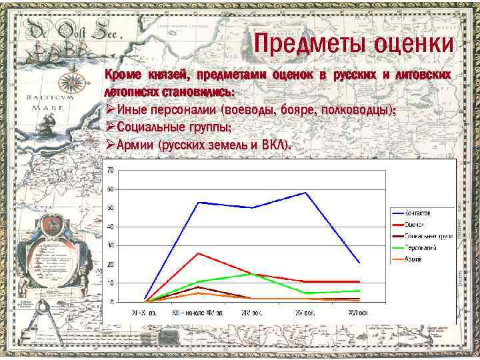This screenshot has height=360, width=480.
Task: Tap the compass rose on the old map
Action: click(75, 80)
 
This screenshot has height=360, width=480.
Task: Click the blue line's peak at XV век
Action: click(305, 193)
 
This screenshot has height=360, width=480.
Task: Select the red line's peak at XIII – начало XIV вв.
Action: click(198, 253)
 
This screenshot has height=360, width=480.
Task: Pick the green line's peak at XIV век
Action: click(251, 273)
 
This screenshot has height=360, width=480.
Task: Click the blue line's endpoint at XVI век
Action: click(360, 263)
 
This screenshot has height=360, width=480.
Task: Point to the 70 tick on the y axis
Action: click(110, 170)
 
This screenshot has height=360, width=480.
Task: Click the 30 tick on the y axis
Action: click(110, 245)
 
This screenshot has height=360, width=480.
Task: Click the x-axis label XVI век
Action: click(359, 311)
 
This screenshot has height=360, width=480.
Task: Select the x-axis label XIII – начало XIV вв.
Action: click(198, 311)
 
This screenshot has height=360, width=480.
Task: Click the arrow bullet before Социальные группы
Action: click(109, 127)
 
